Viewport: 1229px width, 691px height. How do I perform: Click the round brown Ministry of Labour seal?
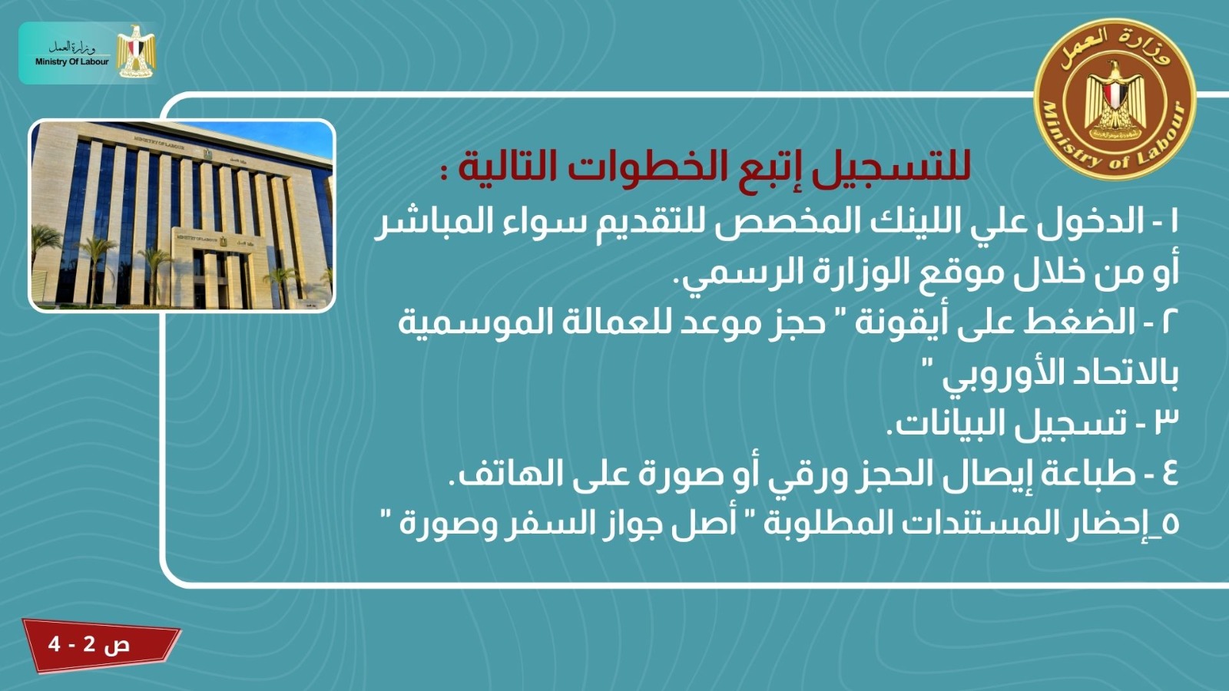(1115, 99)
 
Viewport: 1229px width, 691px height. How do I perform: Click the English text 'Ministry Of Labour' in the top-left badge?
(72, 62)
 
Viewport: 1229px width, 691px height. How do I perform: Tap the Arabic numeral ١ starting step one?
(1173, 222)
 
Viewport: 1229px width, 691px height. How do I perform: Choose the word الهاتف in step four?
(505, 474)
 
